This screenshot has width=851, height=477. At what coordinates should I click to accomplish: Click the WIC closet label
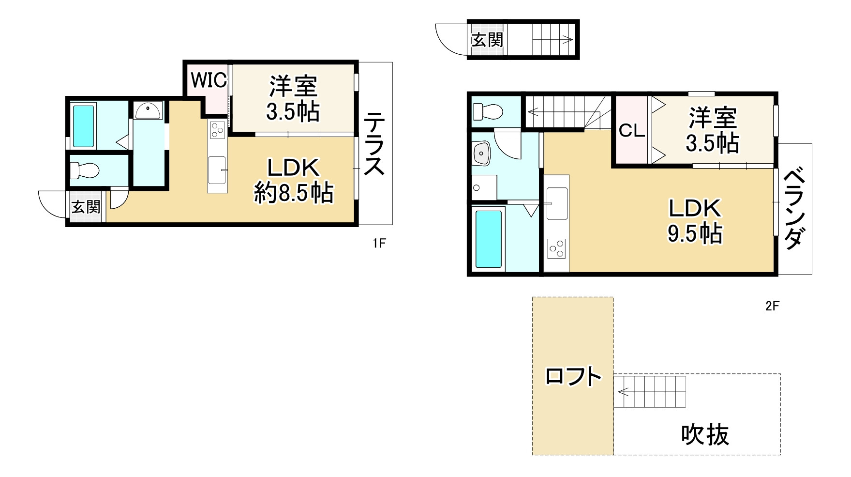[209, 80]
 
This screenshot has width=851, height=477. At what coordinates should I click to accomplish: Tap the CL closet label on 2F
[631, 130]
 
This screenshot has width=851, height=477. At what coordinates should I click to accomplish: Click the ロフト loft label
[573, 376]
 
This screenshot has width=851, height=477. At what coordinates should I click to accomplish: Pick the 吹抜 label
[704, 434]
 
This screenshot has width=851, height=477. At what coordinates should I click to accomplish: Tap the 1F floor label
[379, 243]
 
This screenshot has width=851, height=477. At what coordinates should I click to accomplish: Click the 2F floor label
[772, 306]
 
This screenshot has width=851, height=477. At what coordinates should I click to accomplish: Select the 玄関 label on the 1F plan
[86, 207]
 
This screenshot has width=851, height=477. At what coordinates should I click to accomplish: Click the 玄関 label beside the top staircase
[487, 40]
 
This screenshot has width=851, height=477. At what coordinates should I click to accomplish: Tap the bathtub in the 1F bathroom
[83, 126]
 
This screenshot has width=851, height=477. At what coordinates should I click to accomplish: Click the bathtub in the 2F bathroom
[488, 239]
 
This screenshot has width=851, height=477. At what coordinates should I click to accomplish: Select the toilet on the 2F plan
[488, 112]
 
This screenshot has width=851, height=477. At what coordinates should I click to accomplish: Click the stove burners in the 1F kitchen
[218, 130]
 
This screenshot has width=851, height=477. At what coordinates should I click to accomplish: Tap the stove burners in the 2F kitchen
[556, 248]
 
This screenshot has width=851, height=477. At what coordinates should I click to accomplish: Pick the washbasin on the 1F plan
[148, 111]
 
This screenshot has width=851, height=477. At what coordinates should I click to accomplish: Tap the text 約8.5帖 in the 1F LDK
[293, 193]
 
